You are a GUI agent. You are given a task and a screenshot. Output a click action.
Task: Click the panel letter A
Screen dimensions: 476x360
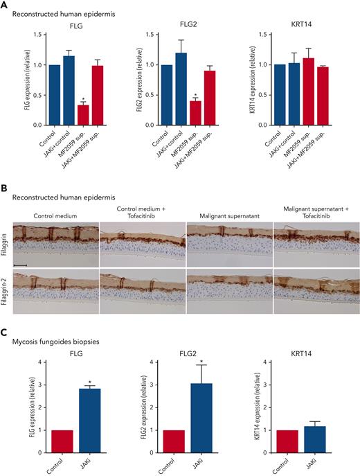(5, 6)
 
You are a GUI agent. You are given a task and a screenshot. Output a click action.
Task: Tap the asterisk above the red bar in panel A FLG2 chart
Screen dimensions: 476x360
(196, 95)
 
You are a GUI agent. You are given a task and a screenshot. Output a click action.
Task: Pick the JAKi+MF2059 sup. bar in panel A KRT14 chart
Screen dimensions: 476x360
(323, 96)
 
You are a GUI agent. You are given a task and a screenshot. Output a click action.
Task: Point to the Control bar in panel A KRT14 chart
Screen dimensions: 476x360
(280, 95)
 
